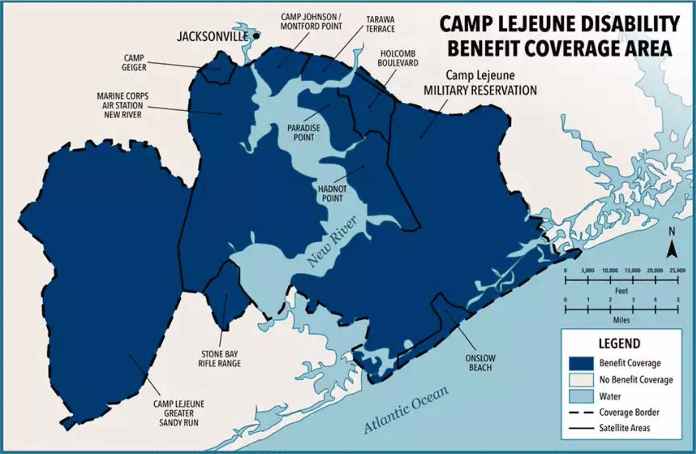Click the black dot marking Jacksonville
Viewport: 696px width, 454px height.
tap(256, 36)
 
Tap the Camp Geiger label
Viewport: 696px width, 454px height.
tap(134, 63)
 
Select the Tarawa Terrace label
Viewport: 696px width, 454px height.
tap(380, 24)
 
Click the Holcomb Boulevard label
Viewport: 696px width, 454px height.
tap(398, 59)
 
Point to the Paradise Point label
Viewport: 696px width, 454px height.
tap(304, 133)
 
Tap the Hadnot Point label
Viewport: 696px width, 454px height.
tap(332, 193)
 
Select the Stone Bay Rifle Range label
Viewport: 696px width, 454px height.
tap(219, 359)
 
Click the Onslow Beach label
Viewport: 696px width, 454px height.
tap(480, 363)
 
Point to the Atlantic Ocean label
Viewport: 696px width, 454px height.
tap(406, 410)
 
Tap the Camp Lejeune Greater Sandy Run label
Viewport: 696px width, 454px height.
tap(179, 413)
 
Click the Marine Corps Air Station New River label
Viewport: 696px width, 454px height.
tap(122, 105)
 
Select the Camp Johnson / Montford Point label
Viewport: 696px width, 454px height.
tap(311, 21)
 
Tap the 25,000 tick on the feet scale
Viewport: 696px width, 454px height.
tap(677, 280)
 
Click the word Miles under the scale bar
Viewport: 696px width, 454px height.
tap(621, 320)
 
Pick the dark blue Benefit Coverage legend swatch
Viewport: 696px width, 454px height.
tap(581, 363)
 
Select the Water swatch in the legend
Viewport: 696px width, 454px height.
tap(581, 396)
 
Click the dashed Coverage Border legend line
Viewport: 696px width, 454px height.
tap(581, 412)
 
